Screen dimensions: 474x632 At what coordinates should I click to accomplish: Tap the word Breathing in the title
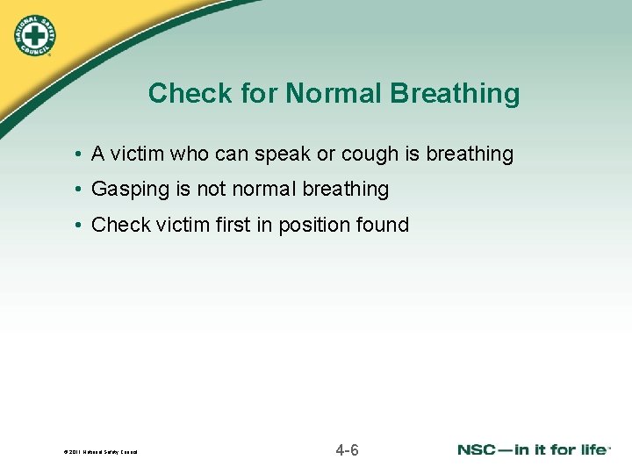pyautogui.click(x=456, y=93)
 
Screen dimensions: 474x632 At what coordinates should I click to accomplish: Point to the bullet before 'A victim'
pyautogui.click(x=79, y=154)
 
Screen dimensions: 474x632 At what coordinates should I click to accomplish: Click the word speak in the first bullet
pyautogui.click(x=284, y=154)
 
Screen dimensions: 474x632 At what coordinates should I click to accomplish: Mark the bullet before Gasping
pyautogui.click(x=79, y=190)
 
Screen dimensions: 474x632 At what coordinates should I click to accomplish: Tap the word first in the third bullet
pyautogui.click(x=231, y=225)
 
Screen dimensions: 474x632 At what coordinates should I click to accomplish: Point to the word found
pyautogui.click(x=384, y=225)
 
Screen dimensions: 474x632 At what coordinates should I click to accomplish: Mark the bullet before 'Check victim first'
pyautogui.click(x=79, y=226)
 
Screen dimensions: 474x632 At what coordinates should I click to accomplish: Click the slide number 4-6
pyautogui.click(x=347, y=451)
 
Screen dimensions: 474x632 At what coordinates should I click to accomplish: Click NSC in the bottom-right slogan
pyautogui.click(x=478, y=449)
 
